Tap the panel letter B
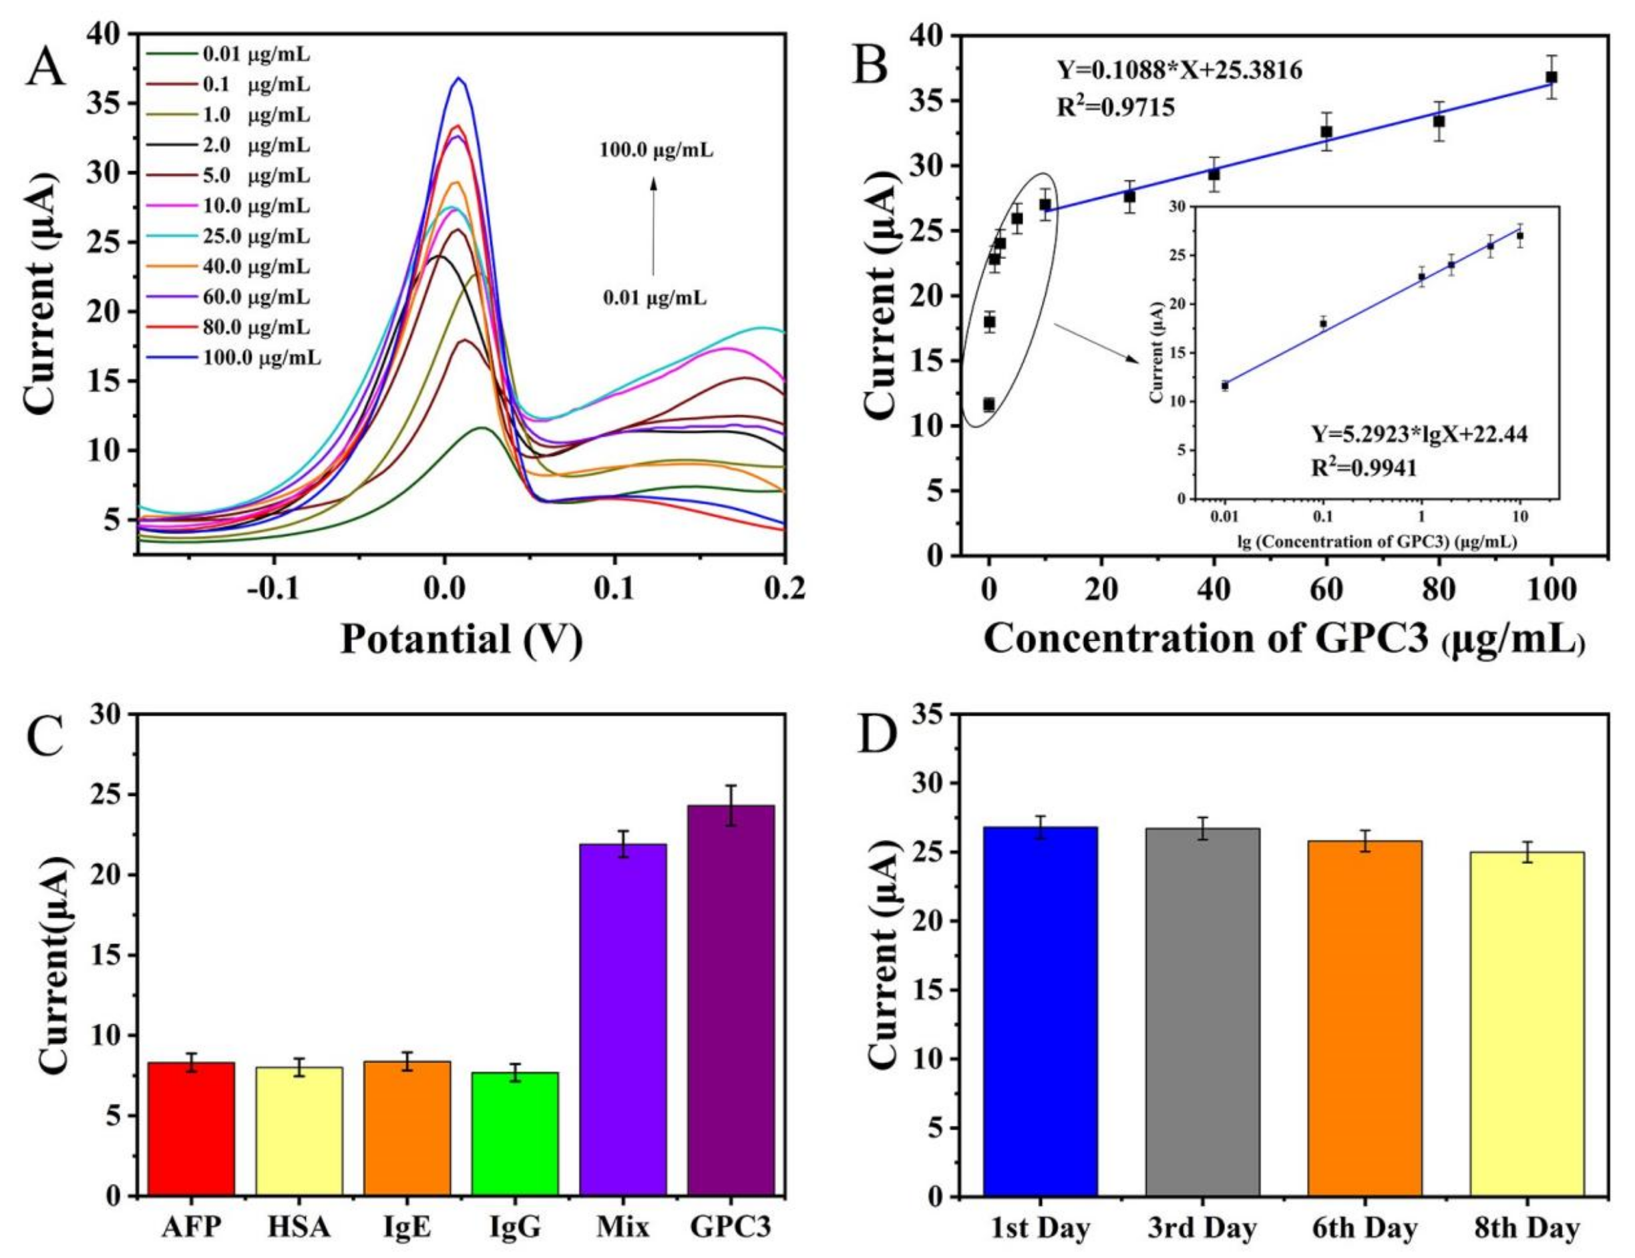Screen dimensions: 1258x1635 coord(871,65)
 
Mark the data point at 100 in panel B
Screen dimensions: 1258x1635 coord(1551,77)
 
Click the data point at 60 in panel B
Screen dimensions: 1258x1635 coord(1326,132)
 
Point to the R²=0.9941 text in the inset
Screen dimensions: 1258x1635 coord(1364,469)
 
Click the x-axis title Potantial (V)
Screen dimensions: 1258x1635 coord(461,640)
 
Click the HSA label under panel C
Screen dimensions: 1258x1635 coord(298,1229)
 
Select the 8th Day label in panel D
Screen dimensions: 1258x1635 coord(1527,1229)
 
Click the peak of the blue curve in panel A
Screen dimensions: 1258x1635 coord(459,78)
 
